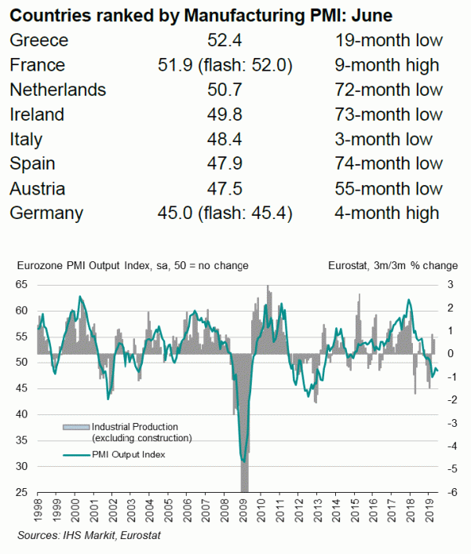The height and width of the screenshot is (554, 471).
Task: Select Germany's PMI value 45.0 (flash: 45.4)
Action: (225, 213)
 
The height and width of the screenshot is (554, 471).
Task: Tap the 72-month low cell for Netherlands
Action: (388, 89)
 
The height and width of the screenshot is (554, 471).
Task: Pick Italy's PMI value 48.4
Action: (225, 139)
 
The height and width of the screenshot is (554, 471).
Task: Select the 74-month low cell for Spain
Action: (388, 164)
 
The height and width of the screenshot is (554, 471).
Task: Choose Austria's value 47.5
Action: (225, 188)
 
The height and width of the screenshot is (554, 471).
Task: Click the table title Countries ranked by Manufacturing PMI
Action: (201, 15)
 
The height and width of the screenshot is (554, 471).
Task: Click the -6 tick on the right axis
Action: (451, 492)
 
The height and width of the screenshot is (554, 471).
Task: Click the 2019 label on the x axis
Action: (430, 512)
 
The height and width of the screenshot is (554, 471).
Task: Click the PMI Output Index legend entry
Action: (128, 454)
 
